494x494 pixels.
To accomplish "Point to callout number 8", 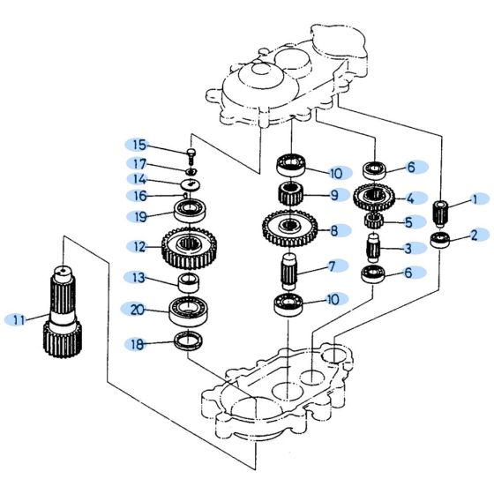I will pyautogui.click(x=333, y=232).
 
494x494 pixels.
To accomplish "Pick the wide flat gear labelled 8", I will pyautogui.click(x=289, y=228).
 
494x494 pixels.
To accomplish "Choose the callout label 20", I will pyautogui.click(x=137, y=310).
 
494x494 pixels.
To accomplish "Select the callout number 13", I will pyautogui.click(x=138, y=279).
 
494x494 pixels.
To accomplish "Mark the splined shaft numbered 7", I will pyautogui.click(x=289, y=268).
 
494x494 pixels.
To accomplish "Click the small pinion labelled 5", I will pyautogui.click(x=374, y=221).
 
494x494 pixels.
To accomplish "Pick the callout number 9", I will pyautogui.click(x=333, y=195).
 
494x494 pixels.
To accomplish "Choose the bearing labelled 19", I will pyautogui.click(x=189, y=211).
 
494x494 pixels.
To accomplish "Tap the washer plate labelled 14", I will pyautogui.click(x=190, y=183).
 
